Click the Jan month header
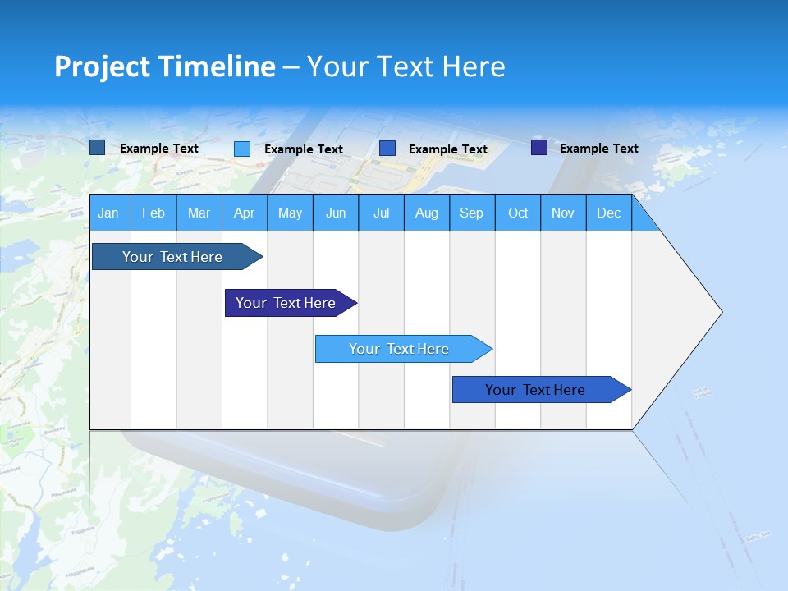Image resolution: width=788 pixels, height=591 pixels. coord(108,213)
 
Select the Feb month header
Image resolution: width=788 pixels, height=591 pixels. coord(153,213)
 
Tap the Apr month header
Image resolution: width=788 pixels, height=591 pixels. coord(244,213)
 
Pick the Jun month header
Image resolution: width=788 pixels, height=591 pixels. coord(336,213)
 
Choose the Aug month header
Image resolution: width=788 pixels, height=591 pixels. coord(426,213)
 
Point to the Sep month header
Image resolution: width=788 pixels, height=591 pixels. coord(471,213)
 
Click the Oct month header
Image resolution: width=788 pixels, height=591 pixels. coord(518,213)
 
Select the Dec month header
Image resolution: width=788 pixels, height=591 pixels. coord(608,213)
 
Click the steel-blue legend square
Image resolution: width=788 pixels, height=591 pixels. coord(97,148)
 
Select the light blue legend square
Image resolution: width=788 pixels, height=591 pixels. coord(242,149)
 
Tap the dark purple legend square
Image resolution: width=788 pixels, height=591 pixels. coord(539,148)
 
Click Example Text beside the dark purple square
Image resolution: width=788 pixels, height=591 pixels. coord(598,149)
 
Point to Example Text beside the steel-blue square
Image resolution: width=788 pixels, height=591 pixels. coord(159,149)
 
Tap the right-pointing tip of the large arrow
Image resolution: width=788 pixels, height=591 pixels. coord(717,312)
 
